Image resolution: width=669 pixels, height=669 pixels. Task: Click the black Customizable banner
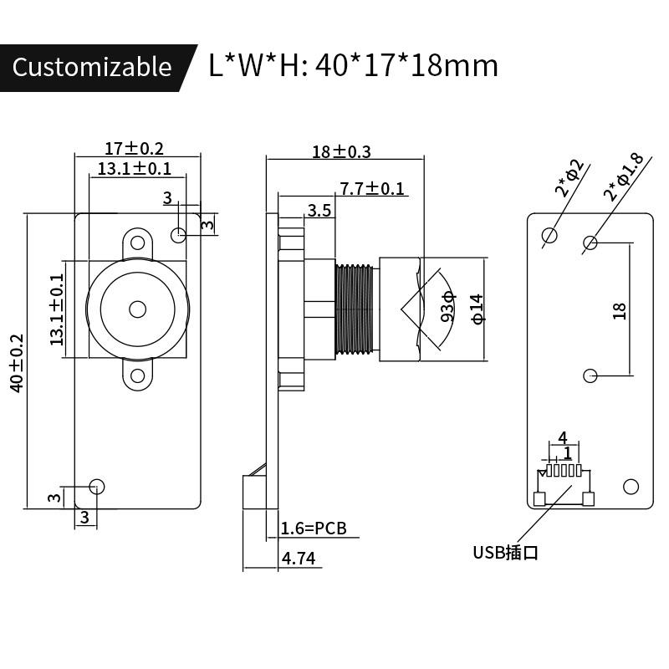(x=92, y=67)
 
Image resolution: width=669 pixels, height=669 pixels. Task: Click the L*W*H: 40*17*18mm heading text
(x=353, y=65)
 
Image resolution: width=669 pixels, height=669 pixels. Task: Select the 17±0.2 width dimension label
(x=134, y=148)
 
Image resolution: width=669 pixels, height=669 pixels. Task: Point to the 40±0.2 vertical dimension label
(x=17, y=364)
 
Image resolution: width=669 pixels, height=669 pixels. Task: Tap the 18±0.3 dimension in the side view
(x=340, y=151)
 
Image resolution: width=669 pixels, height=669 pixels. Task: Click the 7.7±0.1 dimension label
(x=372, y=188)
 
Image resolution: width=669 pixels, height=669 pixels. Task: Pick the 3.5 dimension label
(x=319, y=210)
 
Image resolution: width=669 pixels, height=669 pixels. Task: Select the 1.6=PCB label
(x=313, y=528)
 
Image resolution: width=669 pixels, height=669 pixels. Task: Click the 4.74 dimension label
(x=299, y=559)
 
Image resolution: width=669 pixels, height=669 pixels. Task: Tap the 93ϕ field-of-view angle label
(x=447, y=307)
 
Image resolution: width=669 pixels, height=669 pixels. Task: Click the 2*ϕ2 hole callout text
(x=573, y=177)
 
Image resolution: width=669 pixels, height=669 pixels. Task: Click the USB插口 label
(x=505, y=552)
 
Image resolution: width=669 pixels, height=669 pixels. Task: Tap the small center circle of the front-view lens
(x=137, y=309)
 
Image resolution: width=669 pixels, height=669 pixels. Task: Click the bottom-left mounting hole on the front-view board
(x=97, y=486)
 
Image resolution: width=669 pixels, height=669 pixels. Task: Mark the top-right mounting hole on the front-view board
(x=178, y=236)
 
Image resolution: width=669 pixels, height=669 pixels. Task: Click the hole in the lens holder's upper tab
(x=137, y=243)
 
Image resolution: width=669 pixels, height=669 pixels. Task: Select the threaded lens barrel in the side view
(x=355, y=309)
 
